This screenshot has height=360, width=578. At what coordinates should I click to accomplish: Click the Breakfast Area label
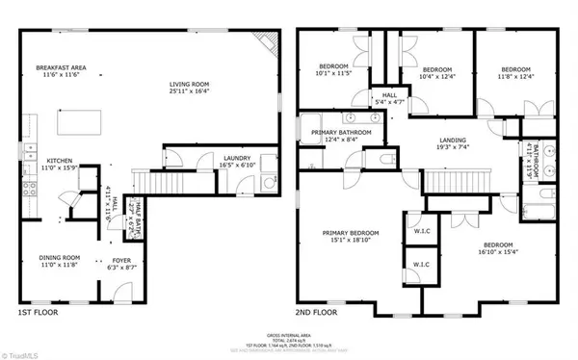62,68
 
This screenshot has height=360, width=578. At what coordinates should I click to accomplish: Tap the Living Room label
189,85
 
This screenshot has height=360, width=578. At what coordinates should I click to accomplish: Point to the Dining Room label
59,258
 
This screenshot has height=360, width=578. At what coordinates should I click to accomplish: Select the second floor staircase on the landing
452,180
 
